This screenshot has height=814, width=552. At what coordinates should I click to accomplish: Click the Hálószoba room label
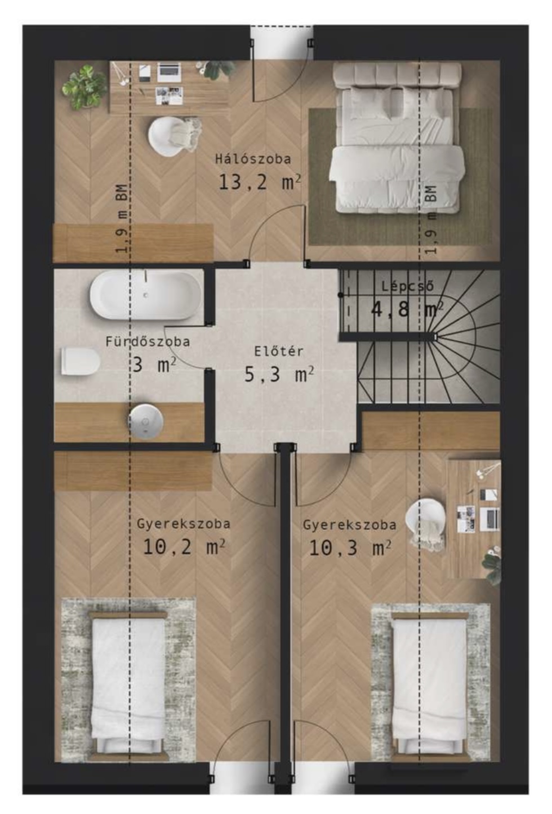click(x=253, y=159)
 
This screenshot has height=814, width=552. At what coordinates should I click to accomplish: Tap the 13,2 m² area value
click(x=260, y=182)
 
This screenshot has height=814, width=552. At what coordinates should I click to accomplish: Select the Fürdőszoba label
click(x=148, y=341)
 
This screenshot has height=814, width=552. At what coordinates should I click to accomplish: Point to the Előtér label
click(x=279, y=352)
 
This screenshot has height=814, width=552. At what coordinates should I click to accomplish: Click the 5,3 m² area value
click(x=279, y=374)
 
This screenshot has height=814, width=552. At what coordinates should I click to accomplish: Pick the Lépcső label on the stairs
click(x=408, y=286)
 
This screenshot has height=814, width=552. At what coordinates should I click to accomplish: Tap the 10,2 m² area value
click(x=184, y=546)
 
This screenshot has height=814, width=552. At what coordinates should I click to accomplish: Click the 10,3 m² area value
click(x=350, y=548)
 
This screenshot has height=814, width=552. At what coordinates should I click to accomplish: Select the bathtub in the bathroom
click(x=145, y=295)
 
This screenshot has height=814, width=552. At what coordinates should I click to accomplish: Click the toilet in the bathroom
click(x=81, y=361)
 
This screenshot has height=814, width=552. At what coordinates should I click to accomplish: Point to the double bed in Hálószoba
click(x=397, y=137)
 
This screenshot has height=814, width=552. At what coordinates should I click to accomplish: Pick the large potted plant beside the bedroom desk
click(x=84, y=87)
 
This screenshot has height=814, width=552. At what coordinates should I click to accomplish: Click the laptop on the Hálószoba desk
click(x=168, y=72)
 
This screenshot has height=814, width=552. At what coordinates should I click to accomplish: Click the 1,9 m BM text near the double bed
click(x=431, y=220)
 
